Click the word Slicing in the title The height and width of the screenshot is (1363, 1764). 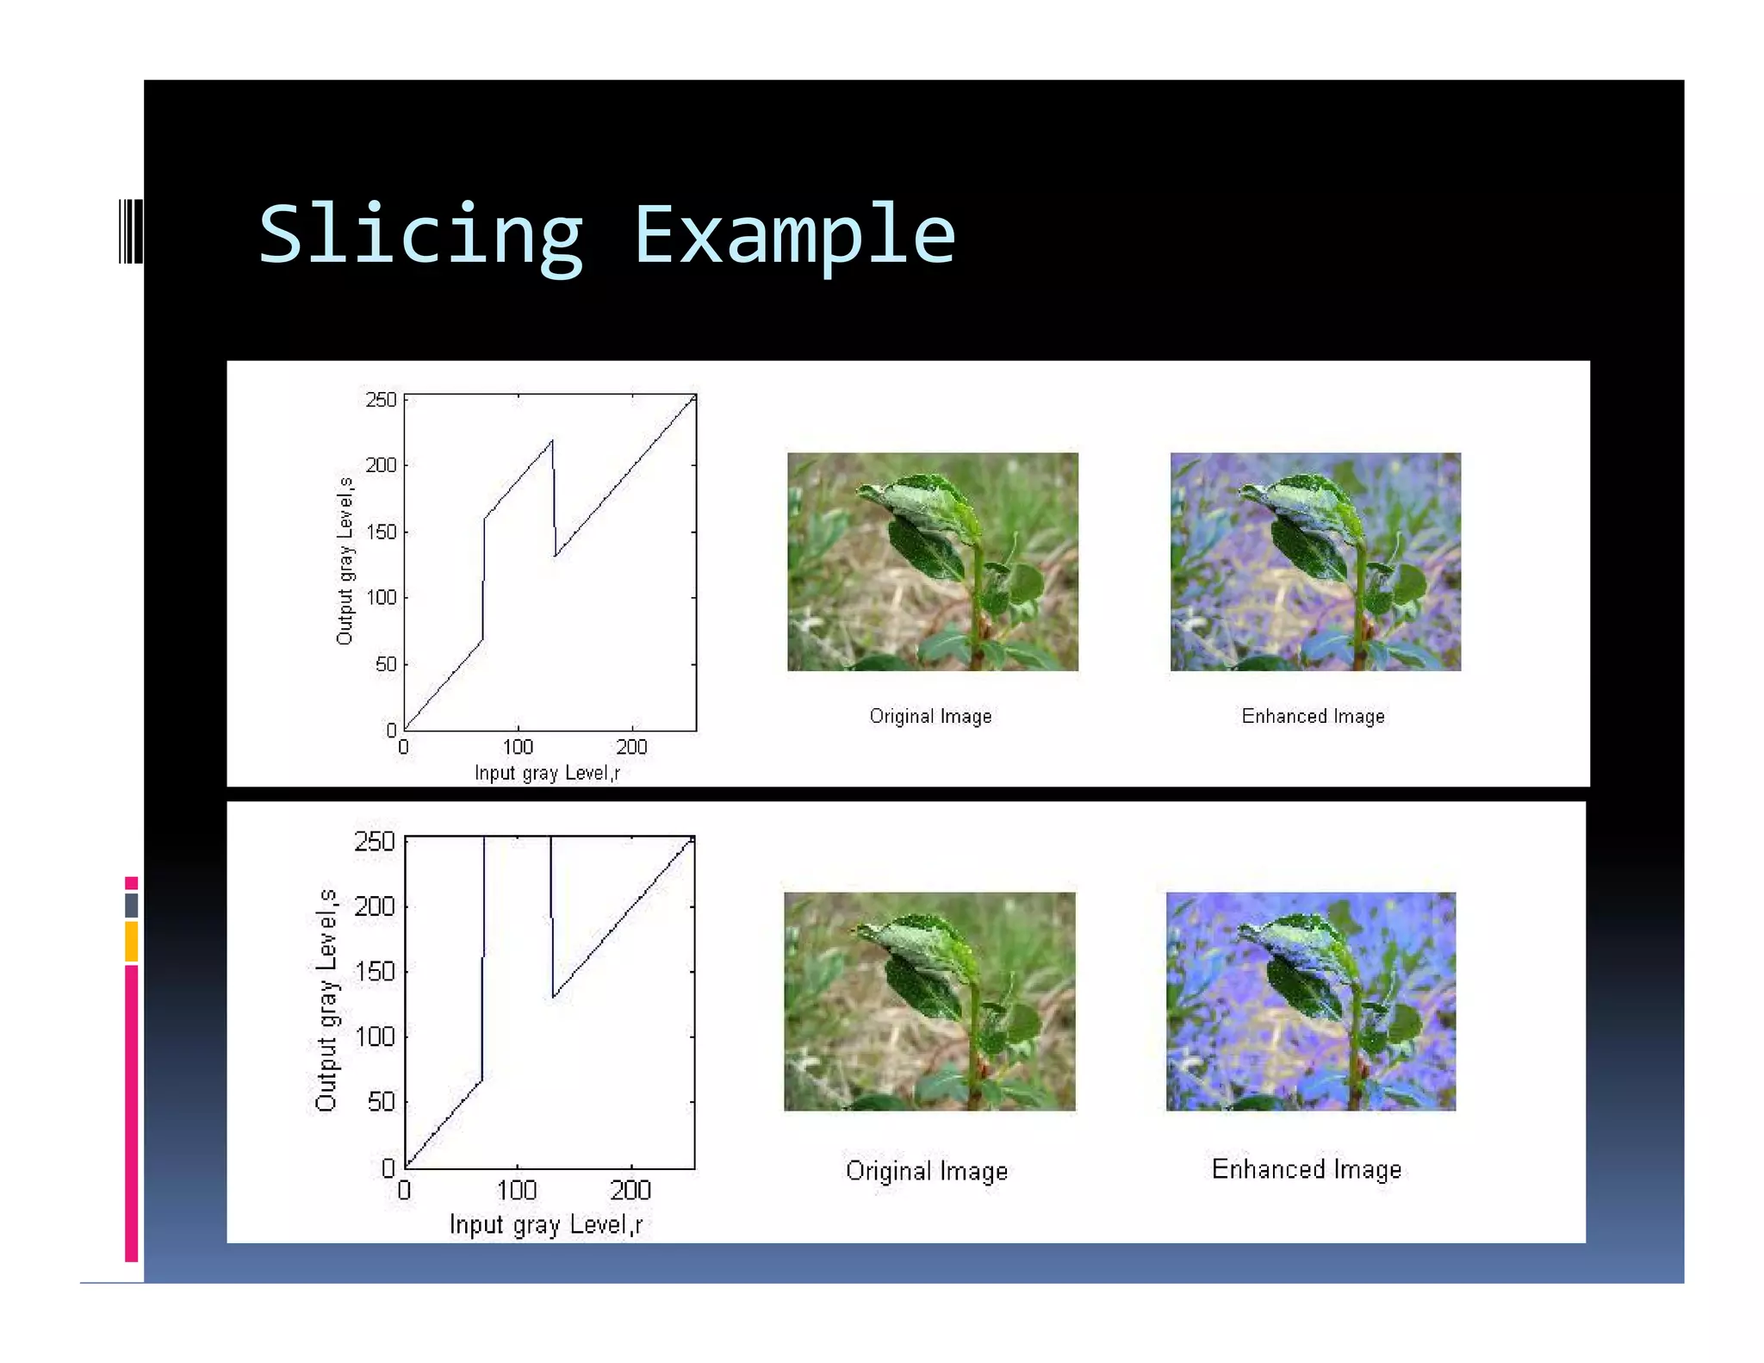point(420,235)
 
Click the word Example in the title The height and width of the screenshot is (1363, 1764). point(794,235)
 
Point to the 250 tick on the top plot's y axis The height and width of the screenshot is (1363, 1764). point(381,400)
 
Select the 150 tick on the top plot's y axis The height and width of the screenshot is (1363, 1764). point(381,532)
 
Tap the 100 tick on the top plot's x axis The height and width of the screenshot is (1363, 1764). point(518,747)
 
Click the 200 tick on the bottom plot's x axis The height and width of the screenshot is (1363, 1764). point(630,1191)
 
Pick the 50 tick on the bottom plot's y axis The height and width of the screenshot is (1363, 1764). point(381,1101)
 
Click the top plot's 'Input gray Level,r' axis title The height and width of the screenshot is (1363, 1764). point(547,773)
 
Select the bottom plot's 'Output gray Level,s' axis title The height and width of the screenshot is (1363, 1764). point(326,999)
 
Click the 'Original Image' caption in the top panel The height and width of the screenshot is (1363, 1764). point(930,716)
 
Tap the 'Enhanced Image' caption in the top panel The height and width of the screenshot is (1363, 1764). point(1313,716)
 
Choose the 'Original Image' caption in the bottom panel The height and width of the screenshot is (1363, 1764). point(927,1171)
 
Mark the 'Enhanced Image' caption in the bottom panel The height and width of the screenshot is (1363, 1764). point(1307,1169)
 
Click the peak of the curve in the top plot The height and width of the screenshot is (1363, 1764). point(552,441)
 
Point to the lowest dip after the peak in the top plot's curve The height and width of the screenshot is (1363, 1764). point(556,556)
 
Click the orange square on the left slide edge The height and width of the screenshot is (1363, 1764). point(131,941)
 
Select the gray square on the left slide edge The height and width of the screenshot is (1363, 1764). point(131,905)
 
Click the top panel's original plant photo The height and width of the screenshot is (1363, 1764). point(932,562)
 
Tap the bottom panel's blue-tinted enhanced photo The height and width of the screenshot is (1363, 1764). point(1310,1001)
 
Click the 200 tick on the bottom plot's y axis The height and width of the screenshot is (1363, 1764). point(375,906)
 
